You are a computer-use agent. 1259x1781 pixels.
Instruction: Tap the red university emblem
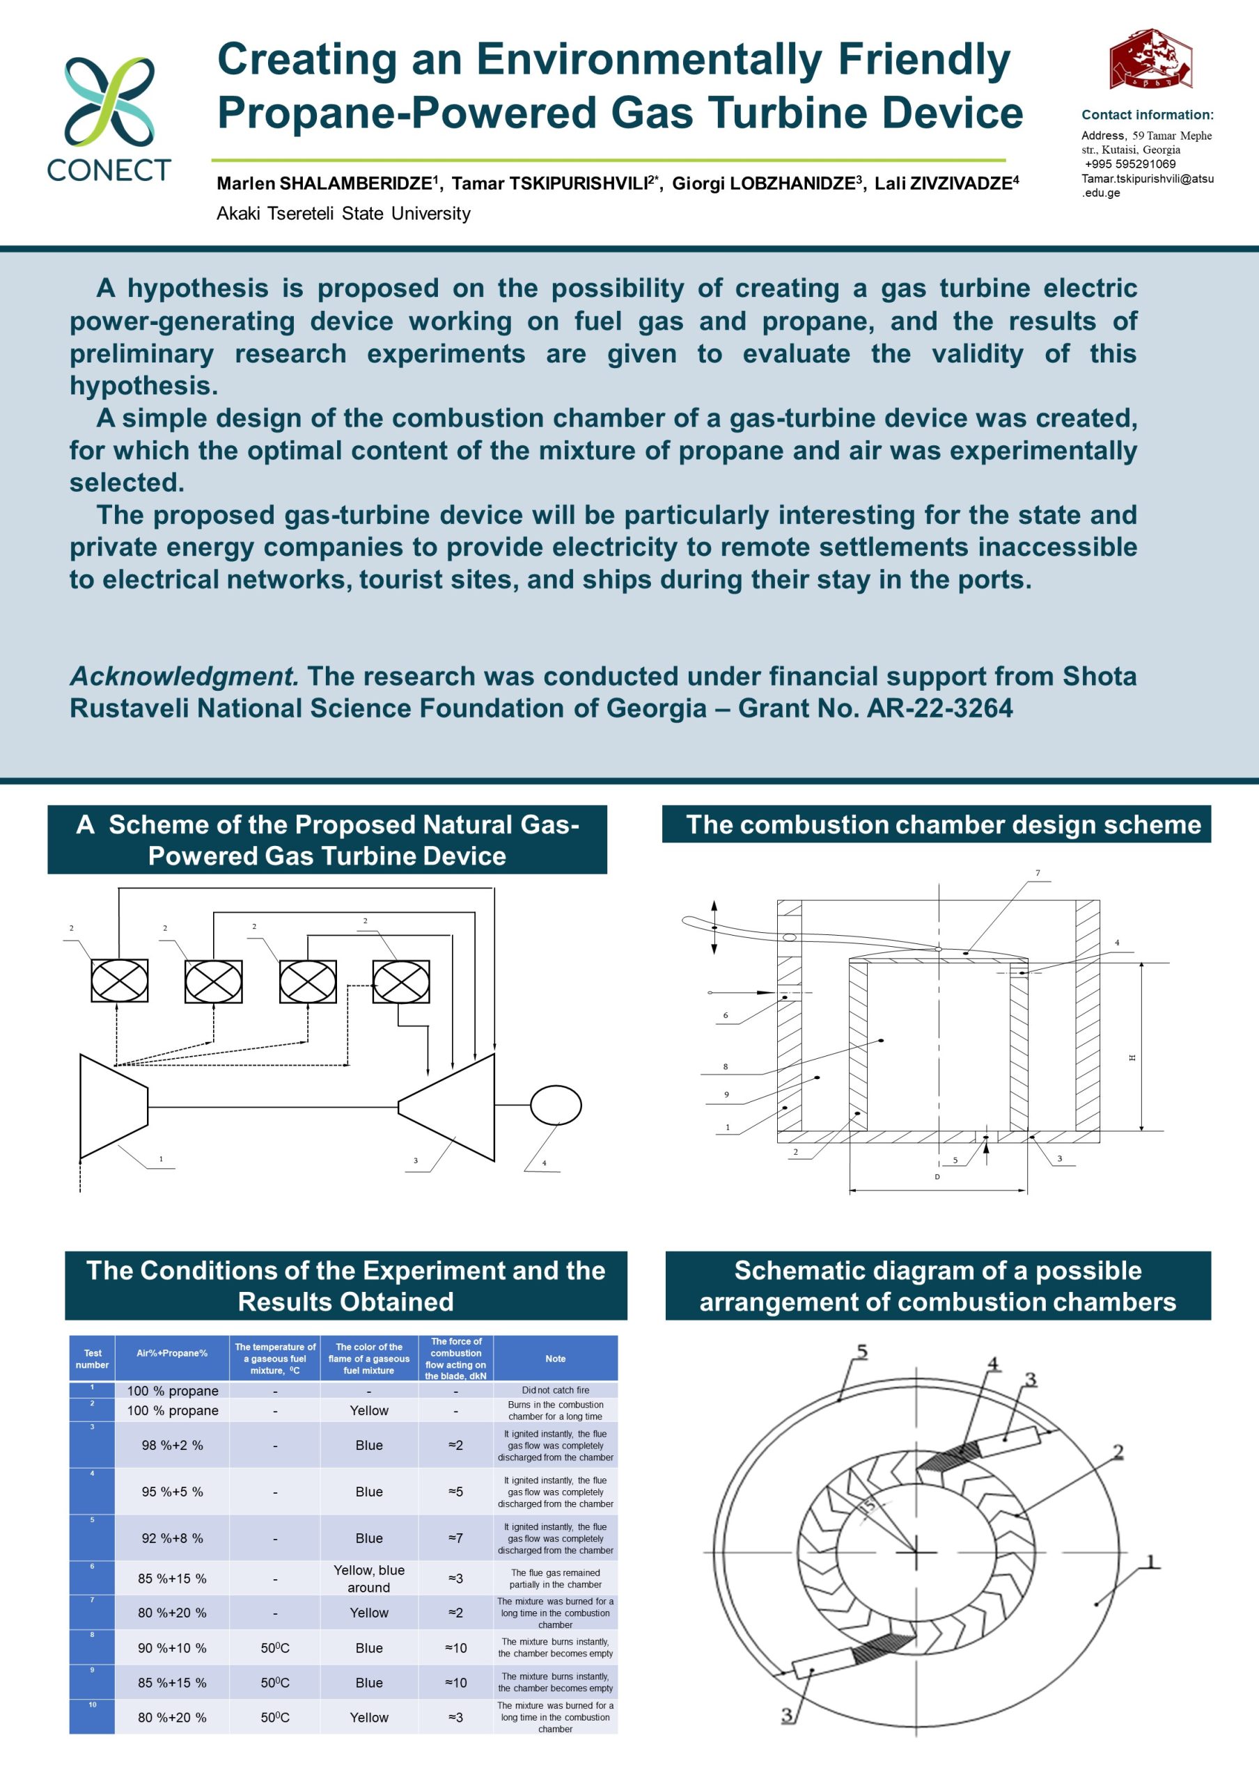click(x=1150, y=61)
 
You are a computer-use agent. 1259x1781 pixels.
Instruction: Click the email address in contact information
click(x=1147, y=185)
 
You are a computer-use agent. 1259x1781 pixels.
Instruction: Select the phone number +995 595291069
click(x=1130, y=163)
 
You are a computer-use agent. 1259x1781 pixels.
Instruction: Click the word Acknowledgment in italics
click(x=184, y=676)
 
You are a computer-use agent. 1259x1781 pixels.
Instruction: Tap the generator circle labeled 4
click(x=556, y=1105)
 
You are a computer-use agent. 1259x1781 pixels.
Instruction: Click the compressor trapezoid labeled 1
click(x=114, y=1106)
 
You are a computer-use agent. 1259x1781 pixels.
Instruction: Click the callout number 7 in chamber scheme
click(x=1037, y=873)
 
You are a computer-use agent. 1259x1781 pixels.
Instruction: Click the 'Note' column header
click(x=555, y=1358)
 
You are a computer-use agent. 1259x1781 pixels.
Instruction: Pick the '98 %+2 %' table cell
click(x=172, y=1445)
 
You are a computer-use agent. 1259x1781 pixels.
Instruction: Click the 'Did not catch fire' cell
click(x=555, y=1390)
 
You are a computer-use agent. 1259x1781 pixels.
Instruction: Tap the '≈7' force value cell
click(x=455, y=1538)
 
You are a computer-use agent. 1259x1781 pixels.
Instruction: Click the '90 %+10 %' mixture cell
click(x=172, y=1647)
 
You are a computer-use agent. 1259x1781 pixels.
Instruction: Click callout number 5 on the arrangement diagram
click(x=861, y=1352)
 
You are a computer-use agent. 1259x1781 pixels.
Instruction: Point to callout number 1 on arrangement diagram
click(x=1152, y=1560)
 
